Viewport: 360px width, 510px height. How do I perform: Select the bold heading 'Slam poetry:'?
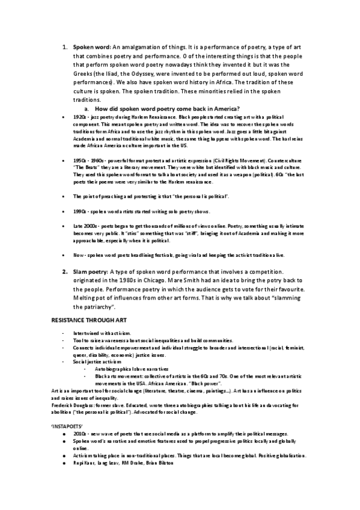coord(91,272)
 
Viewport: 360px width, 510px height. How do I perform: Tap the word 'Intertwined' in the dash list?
coord(85,333)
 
